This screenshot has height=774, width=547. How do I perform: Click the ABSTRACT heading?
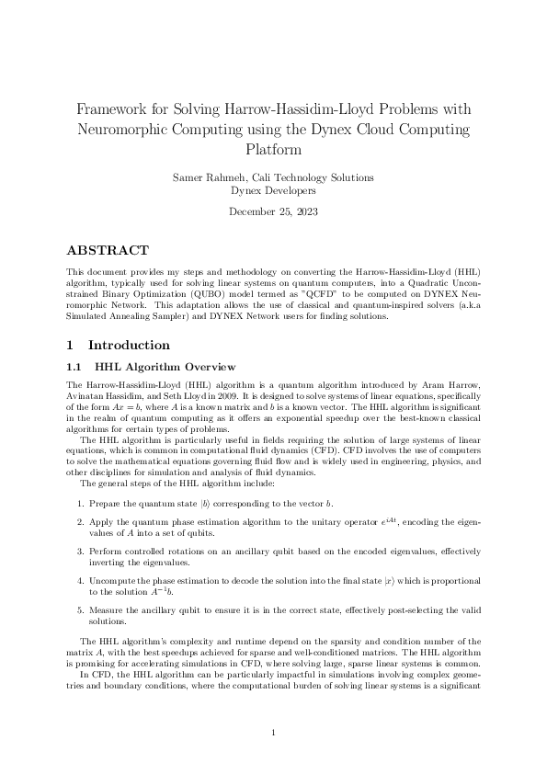108,250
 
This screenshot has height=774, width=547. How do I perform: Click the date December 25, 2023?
273,211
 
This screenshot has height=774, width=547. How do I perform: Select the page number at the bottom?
273,732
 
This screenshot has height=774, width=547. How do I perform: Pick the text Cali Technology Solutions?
313,176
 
